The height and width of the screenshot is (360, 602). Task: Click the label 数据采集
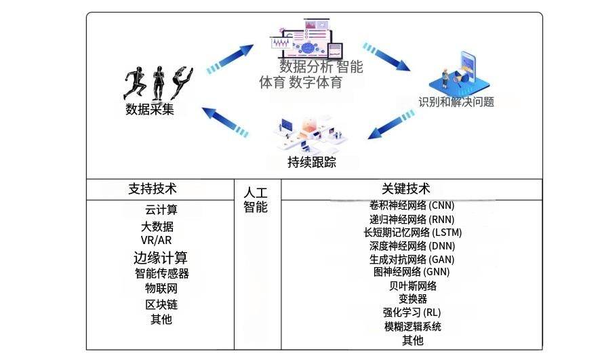point(150,109)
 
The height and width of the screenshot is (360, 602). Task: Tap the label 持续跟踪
point(312,162)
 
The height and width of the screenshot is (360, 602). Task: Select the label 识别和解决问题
point(456,102)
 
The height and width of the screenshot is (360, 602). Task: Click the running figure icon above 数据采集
point(135,83)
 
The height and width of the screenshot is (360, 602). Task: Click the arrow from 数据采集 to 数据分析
point(230,59)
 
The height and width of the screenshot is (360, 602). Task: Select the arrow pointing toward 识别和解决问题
point(386,57)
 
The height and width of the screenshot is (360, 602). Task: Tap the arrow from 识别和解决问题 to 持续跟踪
point(391,124)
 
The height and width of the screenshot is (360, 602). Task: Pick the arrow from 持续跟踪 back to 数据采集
point(225,121)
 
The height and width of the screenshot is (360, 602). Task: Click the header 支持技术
point(153,189)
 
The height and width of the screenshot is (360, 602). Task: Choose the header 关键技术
point(406,188)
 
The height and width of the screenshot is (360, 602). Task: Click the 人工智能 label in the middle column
point(256,199)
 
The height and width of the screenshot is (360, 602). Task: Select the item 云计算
point(161,209)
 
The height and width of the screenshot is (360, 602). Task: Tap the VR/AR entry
point(156,240)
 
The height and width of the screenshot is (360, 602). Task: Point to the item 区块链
point(161,304)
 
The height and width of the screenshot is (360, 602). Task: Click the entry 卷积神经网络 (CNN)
point(412,205)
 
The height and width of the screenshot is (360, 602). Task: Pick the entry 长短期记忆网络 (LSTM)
point(413,233)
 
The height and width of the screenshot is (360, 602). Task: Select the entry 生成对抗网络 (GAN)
point(412,260)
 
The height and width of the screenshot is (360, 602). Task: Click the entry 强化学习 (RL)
point(412,313)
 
